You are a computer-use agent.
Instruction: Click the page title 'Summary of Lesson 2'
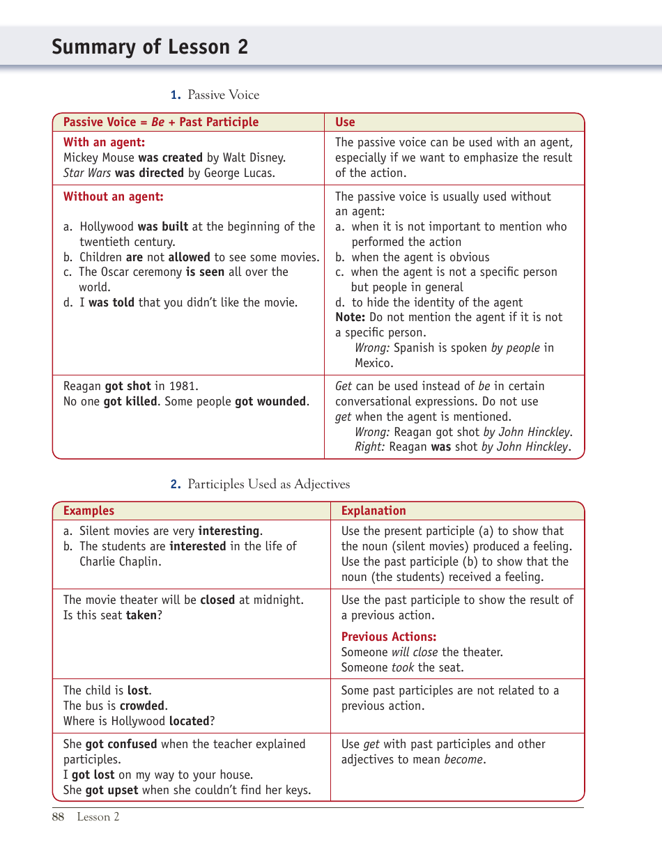pos(149,47)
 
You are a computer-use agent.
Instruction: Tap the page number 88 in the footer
pos(58,817)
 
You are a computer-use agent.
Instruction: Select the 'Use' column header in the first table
pos(345,122)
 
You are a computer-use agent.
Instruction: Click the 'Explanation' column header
pos(373,511)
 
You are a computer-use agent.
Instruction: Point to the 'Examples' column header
pos(88,511)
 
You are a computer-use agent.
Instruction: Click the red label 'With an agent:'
pos(104,143)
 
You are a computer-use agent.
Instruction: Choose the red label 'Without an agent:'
pos(113,196)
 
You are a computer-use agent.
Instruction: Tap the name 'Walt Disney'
pos(254,157)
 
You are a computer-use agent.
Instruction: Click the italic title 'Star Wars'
pos(87,173)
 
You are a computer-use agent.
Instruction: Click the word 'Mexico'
pos(373,363)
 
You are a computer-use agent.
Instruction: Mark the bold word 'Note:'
pos(350,317)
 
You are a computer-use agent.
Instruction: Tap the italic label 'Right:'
pos(369,447)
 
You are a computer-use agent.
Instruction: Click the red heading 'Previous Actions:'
pos(389,637)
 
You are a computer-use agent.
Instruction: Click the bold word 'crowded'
pos(142,706)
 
